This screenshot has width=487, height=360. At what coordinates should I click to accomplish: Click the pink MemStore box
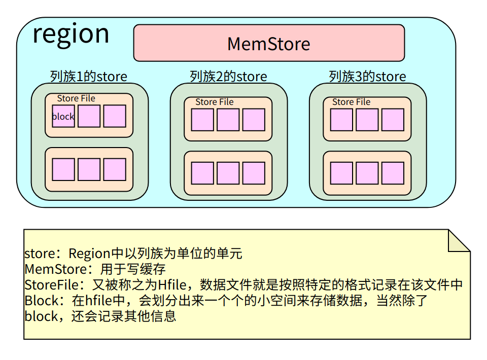point(269,43)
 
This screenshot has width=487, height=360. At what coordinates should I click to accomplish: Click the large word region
point(71,34)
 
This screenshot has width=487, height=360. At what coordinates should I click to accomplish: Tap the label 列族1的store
point(89,77)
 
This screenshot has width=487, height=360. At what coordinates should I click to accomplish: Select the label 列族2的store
point(228,77)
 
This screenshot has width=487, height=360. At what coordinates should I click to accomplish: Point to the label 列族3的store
point(367,77)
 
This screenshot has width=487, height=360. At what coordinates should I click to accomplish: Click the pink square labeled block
point(63,116)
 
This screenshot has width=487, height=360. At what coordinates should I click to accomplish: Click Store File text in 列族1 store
point(76,98)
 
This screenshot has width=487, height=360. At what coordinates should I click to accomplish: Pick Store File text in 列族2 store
point(215,102)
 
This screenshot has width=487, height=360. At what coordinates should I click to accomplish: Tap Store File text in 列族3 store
point(352,102)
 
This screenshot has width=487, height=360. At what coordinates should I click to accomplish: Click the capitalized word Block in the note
point(41,301)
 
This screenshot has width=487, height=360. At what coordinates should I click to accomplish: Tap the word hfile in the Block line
point(99,301)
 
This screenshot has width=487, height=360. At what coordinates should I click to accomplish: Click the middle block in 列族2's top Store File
point(228,120)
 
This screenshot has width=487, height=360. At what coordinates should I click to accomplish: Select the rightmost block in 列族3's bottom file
point(393,173)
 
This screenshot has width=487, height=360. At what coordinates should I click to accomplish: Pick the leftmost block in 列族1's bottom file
point(63,169)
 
